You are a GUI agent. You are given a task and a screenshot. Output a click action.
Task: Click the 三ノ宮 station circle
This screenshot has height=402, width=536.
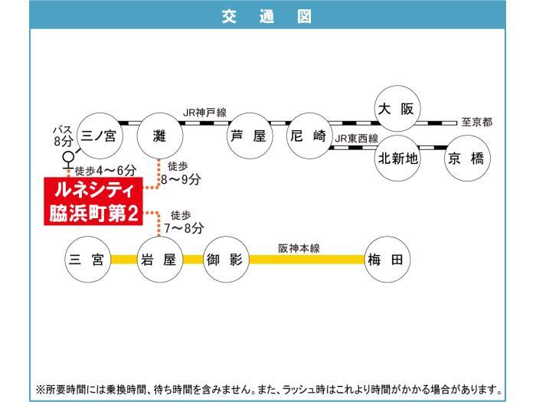point(99,136)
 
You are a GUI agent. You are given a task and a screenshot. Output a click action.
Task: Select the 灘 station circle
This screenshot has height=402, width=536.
point(160,136)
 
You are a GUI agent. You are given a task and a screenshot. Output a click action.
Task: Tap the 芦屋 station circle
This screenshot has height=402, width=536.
point(250,136)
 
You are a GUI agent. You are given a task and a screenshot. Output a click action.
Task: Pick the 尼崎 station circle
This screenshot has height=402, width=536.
point(309,136)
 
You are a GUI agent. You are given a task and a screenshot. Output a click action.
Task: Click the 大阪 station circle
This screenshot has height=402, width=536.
point(397,109)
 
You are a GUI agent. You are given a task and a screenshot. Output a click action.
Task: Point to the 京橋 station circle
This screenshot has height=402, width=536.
point(467,158)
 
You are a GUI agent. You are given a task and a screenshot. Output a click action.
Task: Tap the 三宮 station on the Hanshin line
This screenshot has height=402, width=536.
point(88,259)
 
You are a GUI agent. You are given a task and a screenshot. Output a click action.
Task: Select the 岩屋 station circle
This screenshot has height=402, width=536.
point(160,259)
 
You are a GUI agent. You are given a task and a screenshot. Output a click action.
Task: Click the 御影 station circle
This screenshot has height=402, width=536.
point(227,259)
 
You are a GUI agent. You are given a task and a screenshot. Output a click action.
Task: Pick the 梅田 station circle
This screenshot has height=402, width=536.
point(387,259)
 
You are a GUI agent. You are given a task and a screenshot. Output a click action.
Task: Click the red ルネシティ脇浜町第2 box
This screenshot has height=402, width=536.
point(93,201)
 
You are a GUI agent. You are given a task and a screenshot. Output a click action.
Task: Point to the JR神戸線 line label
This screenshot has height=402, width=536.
point(204,113)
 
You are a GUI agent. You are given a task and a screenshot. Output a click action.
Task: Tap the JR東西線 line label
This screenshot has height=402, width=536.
point(357,139)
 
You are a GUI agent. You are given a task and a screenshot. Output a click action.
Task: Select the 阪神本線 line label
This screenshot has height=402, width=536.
point(299,248)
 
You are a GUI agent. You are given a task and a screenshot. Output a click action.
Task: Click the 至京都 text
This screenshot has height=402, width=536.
point(477,122)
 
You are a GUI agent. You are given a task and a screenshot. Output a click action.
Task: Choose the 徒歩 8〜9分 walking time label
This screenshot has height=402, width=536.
point(181,173)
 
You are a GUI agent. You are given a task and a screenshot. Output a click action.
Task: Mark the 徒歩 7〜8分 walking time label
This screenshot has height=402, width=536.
point(184,222)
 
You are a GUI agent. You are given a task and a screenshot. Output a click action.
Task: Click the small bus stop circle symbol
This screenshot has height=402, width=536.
point(68,157)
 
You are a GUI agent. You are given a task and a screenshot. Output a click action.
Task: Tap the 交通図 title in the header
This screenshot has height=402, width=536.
point(267,16)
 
